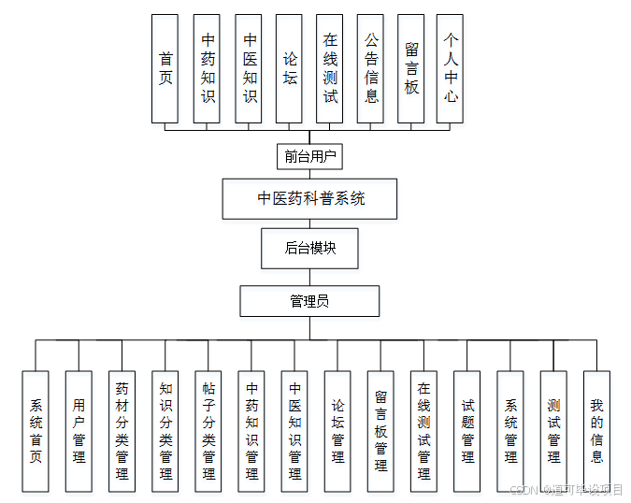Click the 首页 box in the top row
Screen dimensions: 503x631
pyautogui.click(x=165, y=68)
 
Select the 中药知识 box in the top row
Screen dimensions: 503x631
pyautogui.click(x=208, y=68)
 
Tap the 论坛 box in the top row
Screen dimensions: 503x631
pyautogui.click(x=289, y=68)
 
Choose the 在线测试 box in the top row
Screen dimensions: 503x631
pyautogui.click(x=330, y=68)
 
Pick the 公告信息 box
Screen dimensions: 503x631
pyautogui.click(x=371, y=68)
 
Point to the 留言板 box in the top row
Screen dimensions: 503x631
pyautogui.click(x=411, y=68)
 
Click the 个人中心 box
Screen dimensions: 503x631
pyautogui.click(x=451, y=68)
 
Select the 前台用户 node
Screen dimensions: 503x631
pyautogui.click(x=309, y=156)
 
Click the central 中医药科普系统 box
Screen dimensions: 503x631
pyautogui.click(x=310, y=199)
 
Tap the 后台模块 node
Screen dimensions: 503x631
pyautogui.click(x=309, y=249)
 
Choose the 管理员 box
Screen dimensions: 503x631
pyautogui.click(x=309, y=301)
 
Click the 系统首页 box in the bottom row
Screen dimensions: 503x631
pyautogui.click(x=36, y=431)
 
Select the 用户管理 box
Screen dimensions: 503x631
pyautogui.click(x=79, y=431)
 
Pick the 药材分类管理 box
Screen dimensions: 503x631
pyautogui.click(x=122, y=431)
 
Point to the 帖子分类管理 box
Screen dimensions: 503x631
pyautogui.click(x=208, y=431)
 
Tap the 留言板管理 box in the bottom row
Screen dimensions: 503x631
pyautogui.click(x=380, y=431)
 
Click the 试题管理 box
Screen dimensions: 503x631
pyautogui.click(x=467, y=431)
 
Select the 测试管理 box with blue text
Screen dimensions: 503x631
pyautogui.click(x=553, y=431)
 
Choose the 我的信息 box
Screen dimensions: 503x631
pyautogui.click(x=596, y=431)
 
